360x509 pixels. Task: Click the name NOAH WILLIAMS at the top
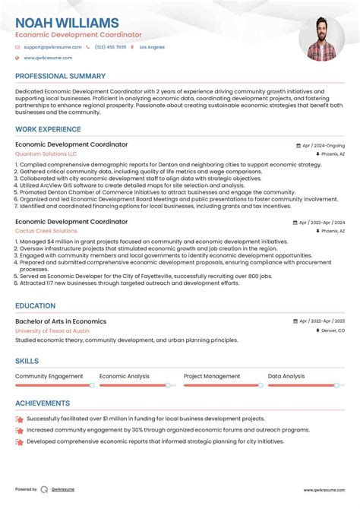click(67, 23)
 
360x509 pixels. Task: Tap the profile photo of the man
click(321, 37)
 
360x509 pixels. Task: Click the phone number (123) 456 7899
click(110, 47)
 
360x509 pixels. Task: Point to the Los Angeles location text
click(152, 47)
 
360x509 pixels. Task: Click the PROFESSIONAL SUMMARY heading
click(60, 77)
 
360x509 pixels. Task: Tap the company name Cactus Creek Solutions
click(46, 231)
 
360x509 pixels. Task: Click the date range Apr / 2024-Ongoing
click(323, 145)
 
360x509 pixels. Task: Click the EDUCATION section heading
click(35, 306)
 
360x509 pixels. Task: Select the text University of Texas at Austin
click(52, 330)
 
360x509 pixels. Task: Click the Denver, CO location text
click(332, 331)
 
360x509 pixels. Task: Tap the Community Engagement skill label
click(49, 376)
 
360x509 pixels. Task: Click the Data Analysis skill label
click(286, 376)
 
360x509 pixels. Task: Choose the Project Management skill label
click(212, 376)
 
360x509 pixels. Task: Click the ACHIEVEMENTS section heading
click(43, 403)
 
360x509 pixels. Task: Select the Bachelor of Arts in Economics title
click(61, 321)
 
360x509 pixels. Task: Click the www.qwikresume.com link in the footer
click(324, 490)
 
